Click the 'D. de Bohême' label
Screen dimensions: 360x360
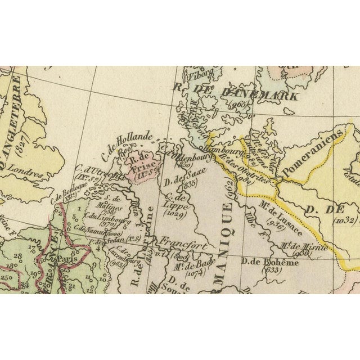point(263,261)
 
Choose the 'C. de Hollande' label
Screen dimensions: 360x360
point(127,143)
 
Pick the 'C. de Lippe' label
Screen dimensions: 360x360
point(176,201)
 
